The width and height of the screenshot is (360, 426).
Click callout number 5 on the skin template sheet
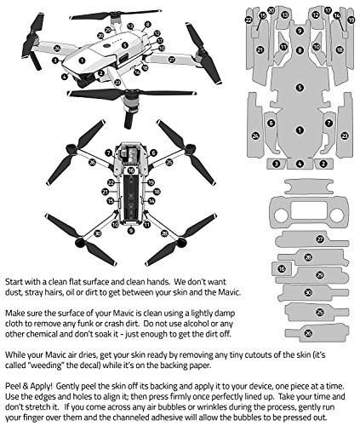tap(299, 87)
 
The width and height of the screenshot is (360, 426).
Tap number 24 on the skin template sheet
tap(254, 135)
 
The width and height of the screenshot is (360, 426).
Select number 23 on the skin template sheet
tap(344, 135)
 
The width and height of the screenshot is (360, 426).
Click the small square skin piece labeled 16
tap(281, 268)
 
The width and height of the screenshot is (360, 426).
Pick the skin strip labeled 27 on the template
tap(319, 239)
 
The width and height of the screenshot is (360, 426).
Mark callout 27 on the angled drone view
tap(171, 60)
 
